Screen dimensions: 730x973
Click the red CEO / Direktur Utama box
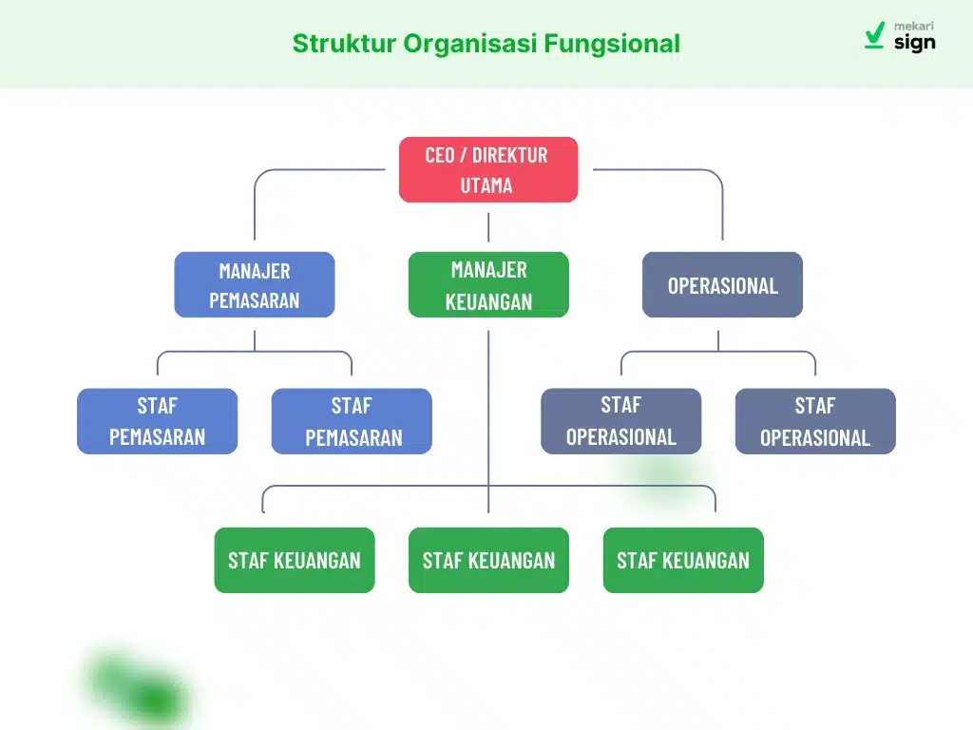tap(487, 169)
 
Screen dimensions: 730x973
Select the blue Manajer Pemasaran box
tap(255, 284)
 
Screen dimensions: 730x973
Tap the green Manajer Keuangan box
tap(488, 284)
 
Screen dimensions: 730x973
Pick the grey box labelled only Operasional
tap(722, 284)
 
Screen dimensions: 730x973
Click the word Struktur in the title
tap(343, 44)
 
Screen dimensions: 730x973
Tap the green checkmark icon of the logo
tap(875, 36)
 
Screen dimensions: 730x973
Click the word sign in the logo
tap(914, 43)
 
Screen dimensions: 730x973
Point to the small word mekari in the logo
tap(915, 27)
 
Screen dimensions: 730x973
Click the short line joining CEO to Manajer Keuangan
tap(488, 227)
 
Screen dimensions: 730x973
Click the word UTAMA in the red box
tap(486, 185)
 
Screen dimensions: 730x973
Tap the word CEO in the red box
tap(439, 155)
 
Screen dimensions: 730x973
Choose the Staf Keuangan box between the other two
tap(488, 560)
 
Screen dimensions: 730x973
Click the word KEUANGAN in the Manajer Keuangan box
tap(488, 301)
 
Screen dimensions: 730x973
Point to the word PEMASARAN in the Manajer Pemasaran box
tap(254, 300)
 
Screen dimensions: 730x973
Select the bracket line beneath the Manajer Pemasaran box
tap(255, 353)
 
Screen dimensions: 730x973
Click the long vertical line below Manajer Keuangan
tap(488, 409)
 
